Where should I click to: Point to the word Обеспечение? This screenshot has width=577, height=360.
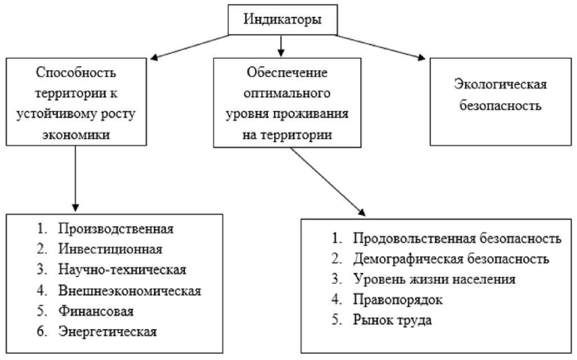287,72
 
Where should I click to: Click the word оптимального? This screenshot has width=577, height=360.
287,93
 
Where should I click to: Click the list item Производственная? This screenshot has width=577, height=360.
116,229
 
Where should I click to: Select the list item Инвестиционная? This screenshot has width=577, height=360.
110,249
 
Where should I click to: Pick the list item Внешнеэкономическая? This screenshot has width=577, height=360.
129,290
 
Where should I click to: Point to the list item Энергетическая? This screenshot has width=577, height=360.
107,331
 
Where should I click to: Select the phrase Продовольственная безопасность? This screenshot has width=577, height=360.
457,239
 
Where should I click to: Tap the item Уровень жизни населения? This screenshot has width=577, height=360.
434,279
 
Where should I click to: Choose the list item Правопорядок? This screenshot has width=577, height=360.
398,300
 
